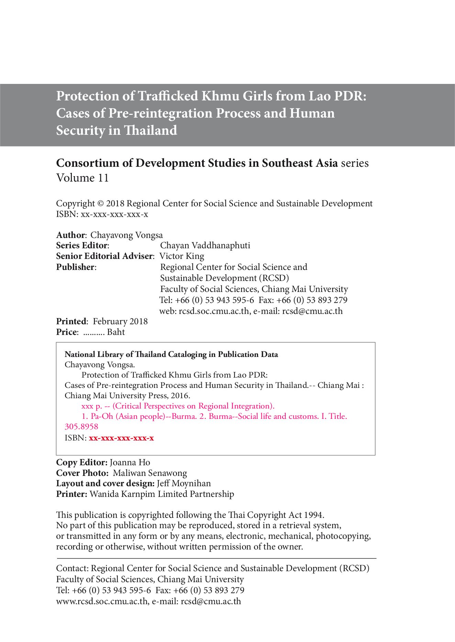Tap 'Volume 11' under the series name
click(82, 178)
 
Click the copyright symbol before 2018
click(100, 204)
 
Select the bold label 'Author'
click(70, 235)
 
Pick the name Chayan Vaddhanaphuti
click(205, 246)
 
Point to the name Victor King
click(182, 256)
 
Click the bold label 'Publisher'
click(75, 267)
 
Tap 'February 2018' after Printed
click(120, 322)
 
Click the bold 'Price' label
click(67, 332)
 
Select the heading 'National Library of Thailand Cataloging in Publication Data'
click(171, 355)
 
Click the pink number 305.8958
click(81, 427)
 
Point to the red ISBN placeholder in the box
click(121, 438)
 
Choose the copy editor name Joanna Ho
click(130, 463)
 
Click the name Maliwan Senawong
click(150, 473)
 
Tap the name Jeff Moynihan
click(184, 483)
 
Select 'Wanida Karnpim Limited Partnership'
click(162, 494)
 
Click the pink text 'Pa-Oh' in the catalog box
click(102, 416)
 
